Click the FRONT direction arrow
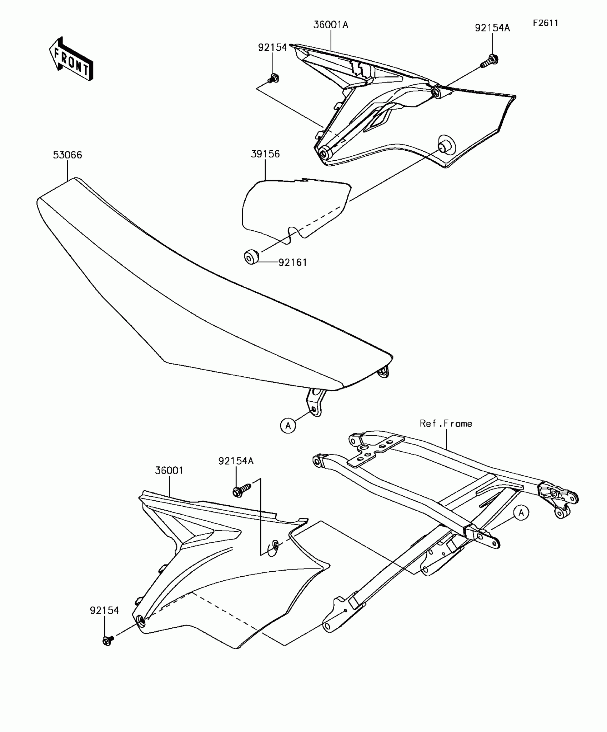(x=71, y=59)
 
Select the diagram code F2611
(x=545, y=23)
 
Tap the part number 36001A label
(x=331, y=25)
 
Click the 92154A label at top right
(x=492, y=28)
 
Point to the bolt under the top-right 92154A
(x=490, y=61)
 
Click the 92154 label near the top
(x=272, y=47)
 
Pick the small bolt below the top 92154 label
(x=274, y=78)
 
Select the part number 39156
(x=265, y=154)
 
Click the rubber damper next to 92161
(x=251, y=257)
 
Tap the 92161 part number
(x=292, y=262)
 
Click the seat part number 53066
(x=67, y=155)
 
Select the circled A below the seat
(x=288, y=426)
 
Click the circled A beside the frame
(x=521, y=513)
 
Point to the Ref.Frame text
(x=446, y=424)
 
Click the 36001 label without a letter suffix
(x=169, y=471)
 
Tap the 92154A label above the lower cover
(x=236, y=461)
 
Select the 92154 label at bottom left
(x=104, y=611)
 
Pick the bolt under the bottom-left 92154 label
(x=107, y=640)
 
